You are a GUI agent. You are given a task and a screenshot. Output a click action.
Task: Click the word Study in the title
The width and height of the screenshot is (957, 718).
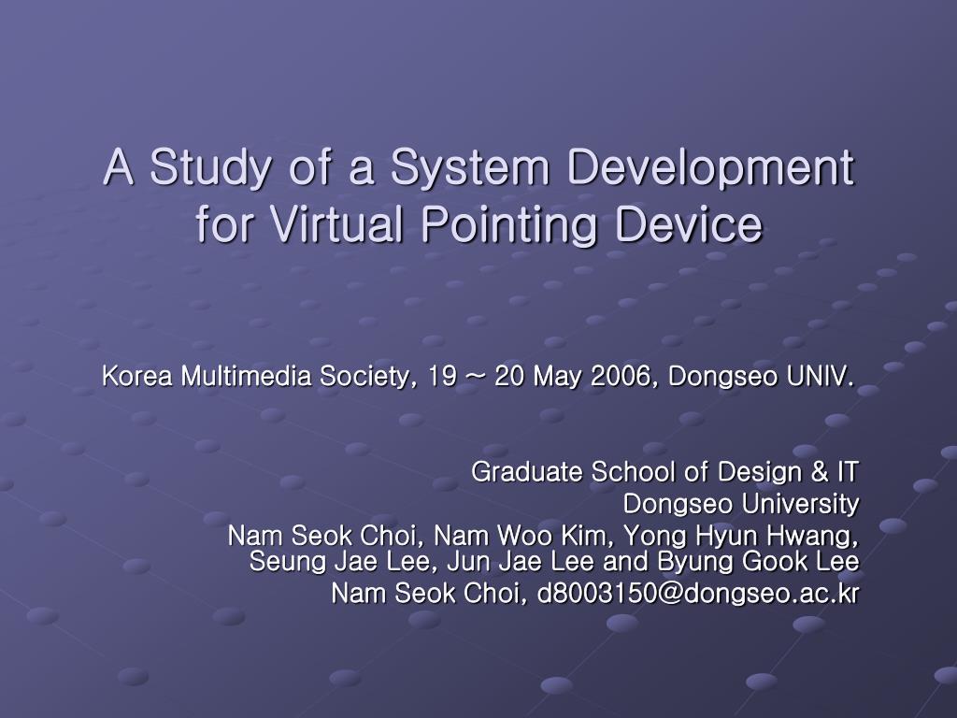click(209, 167)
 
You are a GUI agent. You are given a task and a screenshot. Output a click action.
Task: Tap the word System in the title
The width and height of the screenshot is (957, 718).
click(469, 167)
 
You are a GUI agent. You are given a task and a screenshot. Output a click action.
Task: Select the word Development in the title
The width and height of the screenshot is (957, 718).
click(711, 167)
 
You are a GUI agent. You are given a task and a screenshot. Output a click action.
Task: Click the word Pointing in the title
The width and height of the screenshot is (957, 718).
click(508, 224)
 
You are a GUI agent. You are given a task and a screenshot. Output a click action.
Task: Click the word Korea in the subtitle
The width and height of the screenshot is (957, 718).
click(137, 376)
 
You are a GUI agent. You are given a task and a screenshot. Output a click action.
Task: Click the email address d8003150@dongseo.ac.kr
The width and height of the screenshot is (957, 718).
click(697, 594)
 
